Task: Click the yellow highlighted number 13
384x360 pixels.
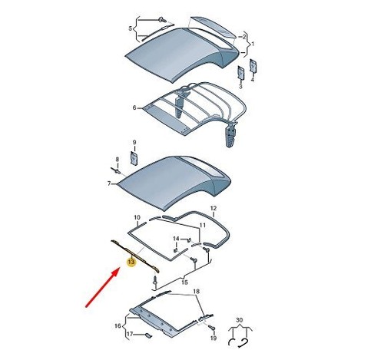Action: pyautogui.click(x=131, y=262)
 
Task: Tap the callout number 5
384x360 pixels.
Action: pyautogui.click(x=130, y=28)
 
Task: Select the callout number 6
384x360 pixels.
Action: pyautogui.click(x=134, y=108)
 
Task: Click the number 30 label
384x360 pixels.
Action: pyautogui.click(x=239, y=320)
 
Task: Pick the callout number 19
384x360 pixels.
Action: pyautogui.click(x=214, y=338)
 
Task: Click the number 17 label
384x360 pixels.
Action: pyautogui.click(x=130, y=334)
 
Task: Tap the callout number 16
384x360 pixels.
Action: pyautogui.click(x=118, y=326)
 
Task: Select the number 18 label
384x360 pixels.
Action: pyautogui.click(x=196, y=292)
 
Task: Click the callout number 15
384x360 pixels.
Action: pyautogui.click(x=184, y=282)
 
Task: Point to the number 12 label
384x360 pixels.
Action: pyautogui.click(x=214, y=208)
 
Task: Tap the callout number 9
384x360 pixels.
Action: pyautogui.click(x=134, y=142)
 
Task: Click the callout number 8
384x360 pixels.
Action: pyautogui.click(x=118, y=159)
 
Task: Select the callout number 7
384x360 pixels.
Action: pyautogui.click(x=109, y=183)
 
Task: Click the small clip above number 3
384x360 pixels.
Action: pyautogui.click(x=241, y=72)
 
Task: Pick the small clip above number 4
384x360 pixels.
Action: pyautogui.click(x=253, y=65)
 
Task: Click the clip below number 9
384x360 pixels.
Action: pyautogui.click(x=134, y=158)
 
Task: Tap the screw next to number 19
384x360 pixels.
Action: pyautogui.click(x=211, y=327)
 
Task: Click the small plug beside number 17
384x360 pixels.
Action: pyautogui.click(x=148, y=335)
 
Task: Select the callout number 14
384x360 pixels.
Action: pyautogui.click(x=176, y=239)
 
